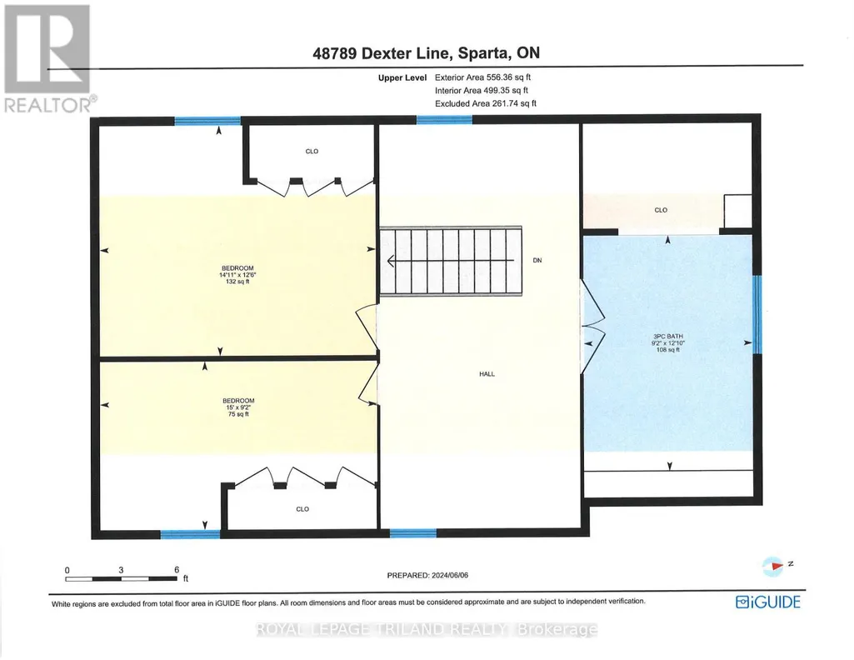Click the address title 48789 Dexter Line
pos(382,53)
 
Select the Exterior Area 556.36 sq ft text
pos(482,77)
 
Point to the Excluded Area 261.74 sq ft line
pos(485,103)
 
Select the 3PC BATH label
pos(668,337)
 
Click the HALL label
pos(487,374)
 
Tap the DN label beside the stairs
pos(537,260)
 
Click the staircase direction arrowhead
pos(391,262)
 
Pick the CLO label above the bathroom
pos(661,210)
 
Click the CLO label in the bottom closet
pos(302,509)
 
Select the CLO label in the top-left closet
pos(312,152)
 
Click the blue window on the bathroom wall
pos(757,315)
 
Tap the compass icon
pos(773,567)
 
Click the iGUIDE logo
pos(768,602)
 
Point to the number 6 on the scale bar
pos(177,570)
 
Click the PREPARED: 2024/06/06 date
pos(427,575)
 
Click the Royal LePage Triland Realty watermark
pos(427,629)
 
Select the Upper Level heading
pos(402,77)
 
